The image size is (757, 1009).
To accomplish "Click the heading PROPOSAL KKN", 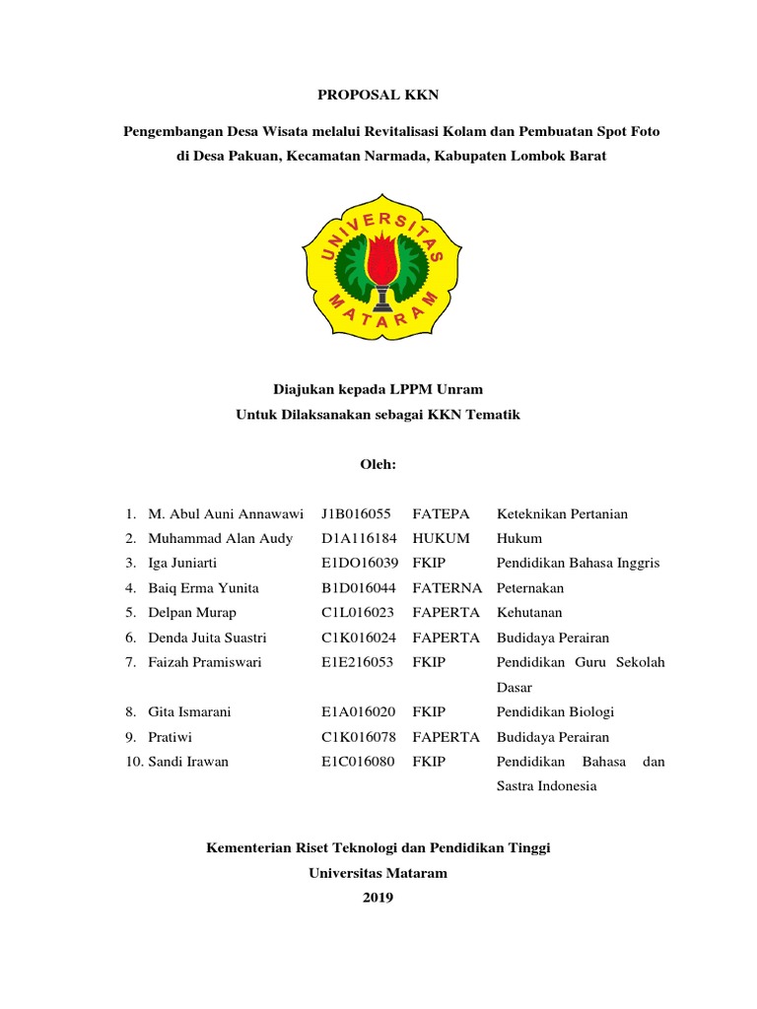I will (x=378, y=95).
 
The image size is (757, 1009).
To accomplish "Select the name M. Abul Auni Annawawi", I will (x=226, y=513).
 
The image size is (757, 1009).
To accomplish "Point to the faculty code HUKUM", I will (x=441, y=538).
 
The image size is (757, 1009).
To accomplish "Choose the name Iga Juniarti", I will (x=182, y=563).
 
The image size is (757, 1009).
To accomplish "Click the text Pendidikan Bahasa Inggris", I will (x=578, y=563).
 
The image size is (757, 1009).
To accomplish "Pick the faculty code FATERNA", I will (x=447, y=587).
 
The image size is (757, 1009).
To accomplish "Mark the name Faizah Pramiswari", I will (x=205, y=662).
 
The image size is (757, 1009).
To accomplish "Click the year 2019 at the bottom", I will (x=378, y=897).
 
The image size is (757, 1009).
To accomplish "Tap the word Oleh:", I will (x=378, y=464).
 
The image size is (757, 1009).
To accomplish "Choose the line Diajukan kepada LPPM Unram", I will (x=378, y=390).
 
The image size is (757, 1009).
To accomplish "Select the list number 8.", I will (x=129, y=711).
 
